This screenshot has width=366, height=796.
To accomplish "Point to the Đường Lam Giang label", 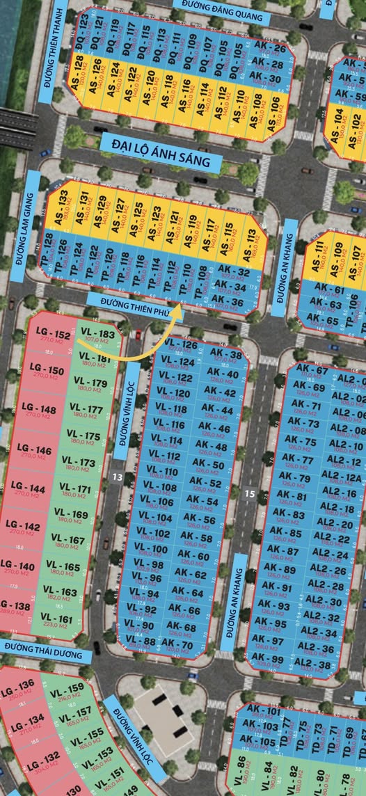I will click(x=31, y=220).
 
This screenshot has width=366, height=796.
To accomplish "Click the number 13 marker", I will click(x=117, y=477).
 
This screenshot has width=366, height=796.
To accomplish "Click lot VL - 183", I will click(x=97, y=336).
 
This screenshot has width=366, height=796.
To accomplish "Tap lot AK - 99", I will click(x=267, y=660).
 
